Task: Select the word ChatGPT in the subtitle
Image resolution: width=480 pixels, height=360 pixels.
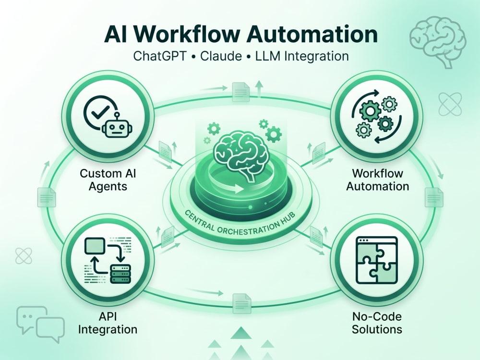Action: (x=160, y=56)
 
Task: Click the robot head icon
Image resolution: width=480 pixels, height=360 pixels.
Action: (x=117, y=127)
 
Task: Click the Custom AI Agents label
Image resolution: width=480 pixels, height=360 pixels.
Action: (x=108, y=180)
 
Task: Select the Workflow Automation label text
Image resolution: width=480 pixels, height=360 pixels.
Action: (x=377, y=180)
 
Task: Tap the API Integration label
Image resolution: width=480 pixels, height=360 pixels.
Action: (x=108, y=323)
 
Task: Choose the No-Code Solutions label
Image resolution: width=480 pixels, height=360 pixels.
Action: (x=377, y=323)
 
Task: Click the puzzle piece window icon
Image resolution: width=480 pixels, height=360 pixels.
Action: (x=377, y=260)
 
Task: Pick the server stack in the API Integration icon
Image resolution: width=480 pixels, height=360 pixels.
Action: (x=120, y=274)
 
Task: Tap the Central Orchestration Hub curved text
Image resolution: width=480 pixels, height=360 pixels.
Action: (x=240, y=224)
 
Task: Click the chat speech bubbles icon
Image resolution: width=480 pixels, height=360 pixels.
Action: (x=40, y=324)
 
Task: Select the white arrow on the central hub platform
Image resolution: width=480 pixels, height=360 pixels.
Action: (x=236, y=188)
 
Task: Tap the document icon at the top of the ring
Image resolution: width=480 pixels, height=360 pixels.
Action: (x=240, y=92)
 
